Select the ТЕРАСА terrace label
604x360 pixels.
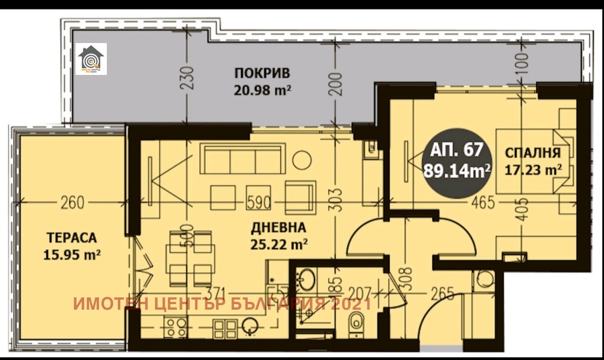(69, 238)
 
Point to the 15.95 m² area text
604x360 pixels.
(72, 254)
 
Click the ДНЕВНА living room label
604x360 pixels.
(279, 228)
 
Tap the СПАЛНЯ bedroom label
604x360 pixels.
(532, 152)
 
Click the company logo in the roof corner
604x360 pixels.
(91, 59)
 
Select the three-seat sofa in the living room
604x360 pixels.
(243, 159)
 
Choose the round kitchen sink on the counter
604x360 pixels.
(250, 325)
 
